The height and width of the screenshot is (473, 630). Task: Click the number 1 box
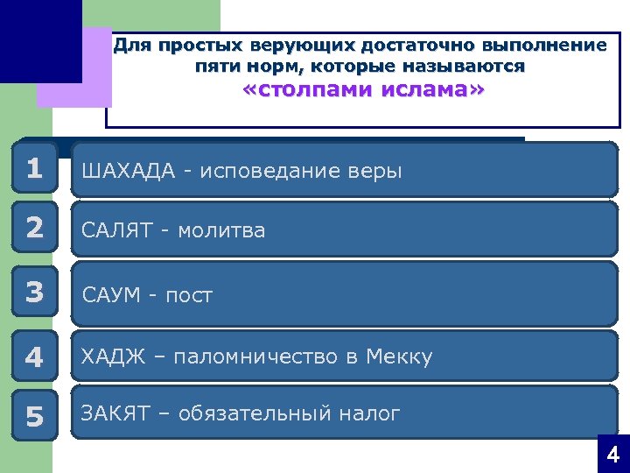34,168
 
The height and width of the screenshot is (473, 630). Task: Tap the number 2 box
34,228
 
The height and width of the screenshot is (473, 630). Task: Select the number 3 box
34,293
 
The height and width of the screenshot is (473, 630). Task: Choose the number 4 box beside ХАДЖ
34,357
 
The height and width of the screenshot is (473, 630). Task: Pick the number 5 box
34,417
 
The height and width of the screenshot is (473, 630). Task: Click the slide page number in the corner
612,455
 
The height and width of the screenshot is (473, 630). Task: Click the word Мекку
399,357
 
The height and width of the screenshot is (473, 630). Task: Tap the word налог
372,413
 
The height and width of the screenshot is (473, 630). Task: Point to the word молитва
221,230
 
